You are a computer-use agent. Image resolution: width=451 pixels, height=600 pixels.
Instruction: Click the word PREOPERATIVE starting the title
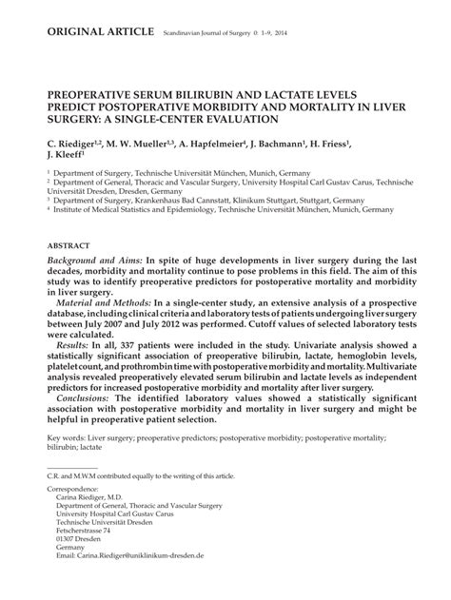[91, 96]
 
